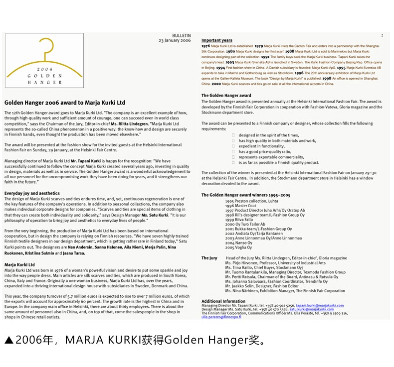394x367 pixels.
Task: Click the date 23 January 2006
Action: coord(175,40)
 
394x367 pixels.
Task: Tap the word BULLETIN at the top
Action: coord(182,36)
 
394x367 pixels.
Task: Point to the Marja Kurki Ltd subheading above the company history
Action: coord(19,264)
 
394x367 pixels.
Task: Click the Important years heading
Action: coord(217,40)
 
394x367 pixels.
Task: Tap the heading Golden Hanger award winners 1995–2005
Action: coord(246,195)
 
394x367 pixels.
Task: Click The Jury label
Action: coord(209,258)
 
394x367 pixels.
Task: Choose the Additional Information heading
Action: coord(223,301)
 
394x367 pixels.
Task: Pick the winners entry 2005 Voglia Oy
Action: coord(238,247)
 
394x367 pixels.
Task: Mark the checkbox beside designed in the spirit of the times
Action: coord(233,135)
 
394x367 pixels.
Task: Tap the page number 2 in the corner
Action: coord(382,35)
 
